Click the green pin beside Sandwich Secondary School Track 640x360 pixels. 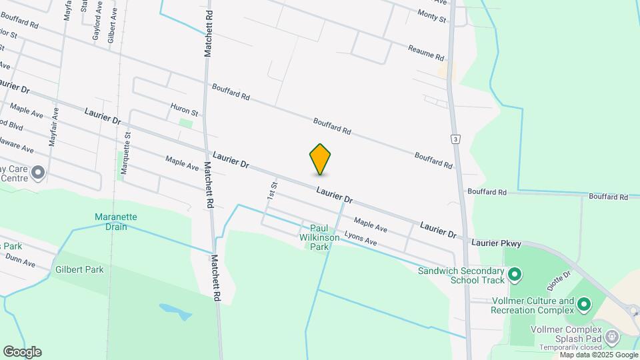pyautogui.click(x=514, y=274)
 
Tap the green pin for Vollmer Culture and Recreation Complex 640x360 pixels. pyautogui.click(x=584, y=305)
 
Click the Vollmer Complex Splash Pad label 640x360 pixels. pyautogui.click(x=566, y=334)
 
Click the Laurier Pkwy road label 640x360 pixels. pyautogui.click(x=497, y=244)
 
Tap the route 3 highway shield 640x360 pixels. pyautogui.click(x=455, y=139)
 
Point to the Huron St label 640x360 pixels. pyautogui.click(x=185, y=110)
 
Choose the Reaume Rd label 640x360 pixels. pyautogui.click(x=426, y=52)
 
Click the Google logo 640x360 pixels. pyautogui.click(x=22, y=351)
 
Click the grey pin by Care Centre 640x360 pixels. pyautogui.click(x=38, y=173)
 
